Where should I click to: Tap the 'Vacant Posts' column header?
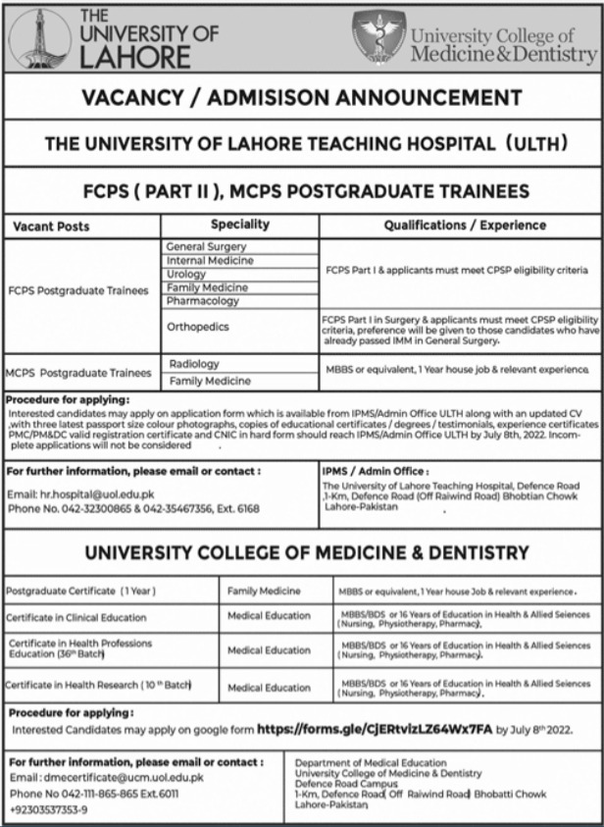point(51,227)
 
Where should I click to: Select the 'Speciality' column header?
point(239,226)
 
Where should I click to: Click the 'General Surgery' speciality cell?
point(206,247)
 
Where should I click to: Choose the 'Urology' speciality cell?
point(186,275)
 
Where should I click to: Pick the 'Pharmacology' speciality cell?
point(202,301)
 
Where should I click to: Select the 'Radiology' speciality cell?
point(194,364)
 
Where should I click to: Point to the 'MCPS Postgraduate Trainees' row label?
point(78,373)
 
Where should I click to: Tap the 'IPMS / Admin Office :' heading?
point(373,471)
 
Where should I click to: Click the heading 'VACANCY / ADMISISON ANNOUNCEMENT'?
point(302,98)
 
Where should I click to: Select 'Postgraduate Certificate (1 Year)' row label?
point(81,593)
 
